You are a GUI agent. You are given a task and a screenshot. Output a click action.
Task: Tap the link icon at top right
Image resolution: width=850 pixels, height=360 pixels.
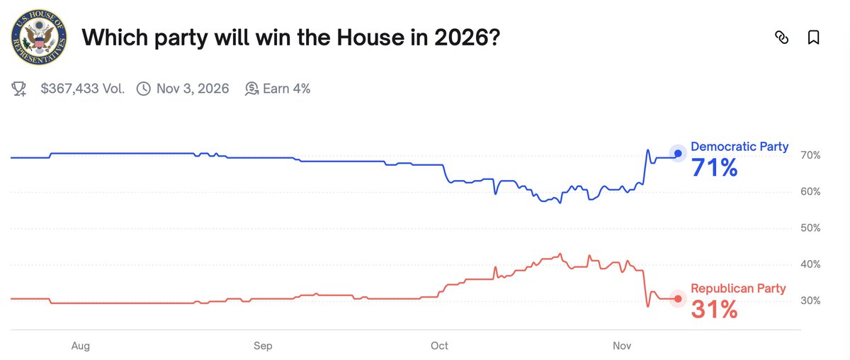781,38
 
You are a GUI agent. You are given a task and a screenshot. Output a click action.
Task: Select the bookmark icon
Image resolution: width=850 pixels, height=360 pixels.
814,38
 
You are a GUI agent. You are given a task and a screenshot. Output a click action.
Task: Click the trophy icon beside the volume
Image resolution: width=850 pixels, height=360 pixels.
19,89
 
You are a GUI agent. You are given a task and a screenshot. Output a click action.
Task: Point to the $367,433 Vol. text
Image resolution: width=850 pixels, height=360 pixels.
82,89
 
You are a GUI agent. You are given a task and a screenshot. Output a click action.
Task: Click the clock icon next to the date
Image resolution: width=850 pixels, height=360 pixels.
143,89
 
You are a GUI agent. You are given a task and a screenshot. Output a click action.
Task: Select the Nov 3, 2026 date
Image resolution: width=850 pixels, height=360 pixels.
193,89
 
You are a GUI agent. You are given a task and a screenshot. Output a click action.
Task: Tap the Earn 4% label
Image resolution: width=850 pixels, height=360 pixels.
286,89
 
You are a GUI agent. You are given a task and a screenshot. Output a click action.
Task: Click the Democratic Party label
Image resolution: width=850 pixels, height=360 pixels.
739,147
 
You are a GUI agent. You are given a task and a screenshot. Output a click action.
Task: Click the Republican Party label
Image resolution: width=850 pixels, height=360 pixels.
738,288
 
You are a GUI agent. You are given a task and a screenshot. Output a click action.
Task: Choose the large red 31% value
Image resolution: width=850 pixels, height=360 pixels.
714,309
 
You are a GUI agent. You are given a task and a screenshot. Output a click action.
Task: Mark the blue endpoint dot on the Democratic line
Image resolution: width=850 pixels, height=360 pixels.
678,153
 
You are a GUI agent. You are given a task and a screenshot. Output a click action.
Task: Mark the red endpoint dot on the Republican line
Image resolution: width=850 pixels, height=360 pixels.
678,299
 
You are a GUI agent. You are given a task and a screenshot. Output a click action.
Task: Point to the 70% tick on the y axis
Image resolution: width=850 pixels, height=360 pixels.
810,155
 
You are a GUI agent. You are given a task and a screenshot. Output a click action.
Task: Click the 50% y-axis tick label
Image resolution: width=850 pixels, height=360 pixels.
810,228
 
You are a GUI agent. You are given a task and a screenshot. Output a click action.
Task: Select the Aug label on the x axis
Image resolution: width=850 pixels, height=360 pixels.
81,346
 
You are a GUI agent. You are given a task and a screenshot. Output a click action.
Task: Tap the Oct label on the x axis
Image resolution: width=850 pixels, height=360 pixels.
439,346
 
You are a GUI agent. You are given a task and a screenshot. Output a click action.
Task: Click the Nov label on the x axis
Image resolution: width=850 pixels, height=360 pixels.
621,346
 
